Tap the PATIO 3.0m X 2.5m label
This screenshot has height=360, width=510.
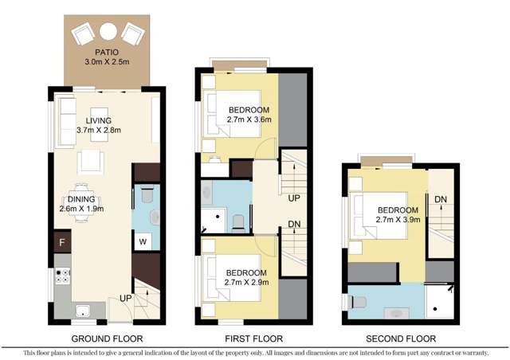(x=107, y=57)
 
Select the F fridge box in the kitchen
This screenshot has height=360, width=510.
(x=61, y=240)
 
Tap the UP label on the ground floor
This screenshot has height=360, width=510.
(x=125, y=298)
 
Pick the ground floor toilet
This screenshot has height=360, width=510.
(x=143, y=194)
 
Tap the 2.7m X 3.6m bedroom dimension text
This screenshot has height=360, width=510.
(x=249, y=119)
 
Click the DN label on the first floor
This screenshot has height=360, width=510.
(x=293, y=225)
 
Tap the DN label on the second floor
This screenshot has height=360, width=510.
(x=440, y=198)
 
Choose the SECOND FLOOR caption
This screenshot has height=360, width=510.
(x=399, y=338)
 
